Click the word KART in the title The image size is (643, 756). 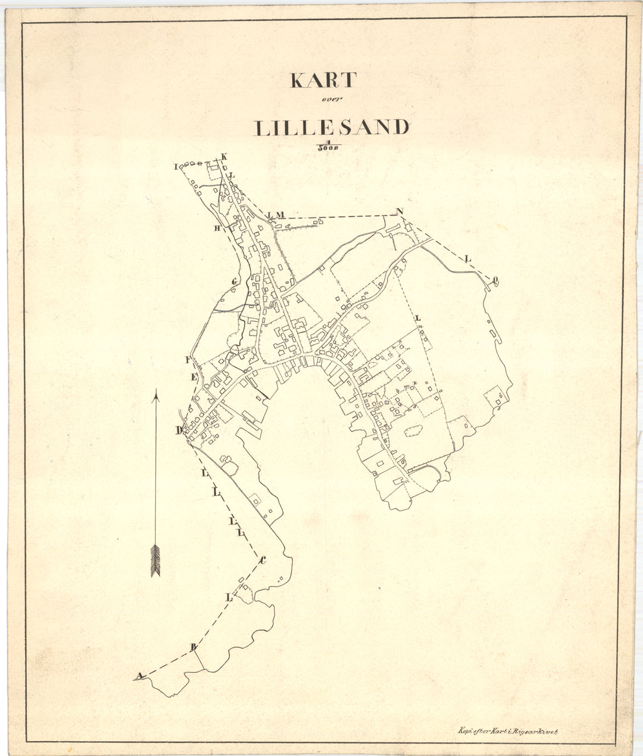coord(323,80)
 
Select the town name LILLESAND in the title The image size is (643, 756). coord(331,128)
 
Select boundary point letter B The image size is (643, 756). coord(193,647)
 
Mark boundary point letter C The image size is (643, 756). coord(262,560)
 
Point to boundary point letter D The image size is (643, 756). coord(179,430)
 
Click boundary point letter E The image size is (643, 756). coord(193,377)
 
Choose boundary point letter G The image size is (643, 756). coord(234,281)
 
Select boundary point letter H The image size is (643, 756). coord(217,228)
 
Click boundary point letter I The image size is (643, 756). coord(177,167)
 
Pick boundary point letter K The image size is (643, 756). coord(224,157)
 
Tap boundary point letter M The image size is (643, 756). coord(280,215)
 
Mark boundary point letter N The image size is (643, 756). coord(400,212)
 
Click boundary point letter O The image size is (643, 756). coord(495,280)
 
